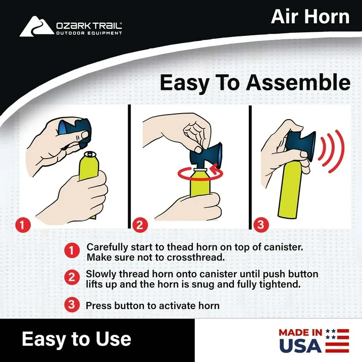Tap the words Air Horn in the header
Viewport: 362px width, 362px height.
(x=310, y=17)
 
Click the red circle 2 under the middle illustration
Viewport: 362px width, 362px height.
(x=140, y=224)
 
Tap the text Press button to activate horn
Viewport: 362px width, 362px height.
(x=152, y=305)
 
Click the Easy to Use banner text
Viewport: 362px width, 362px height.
(x=76, y=338)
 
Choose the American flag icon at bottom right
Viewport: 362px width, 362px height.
(x=337, y=340)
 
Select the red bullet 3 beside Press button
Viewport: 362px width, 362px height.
(x=72, y=304)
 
